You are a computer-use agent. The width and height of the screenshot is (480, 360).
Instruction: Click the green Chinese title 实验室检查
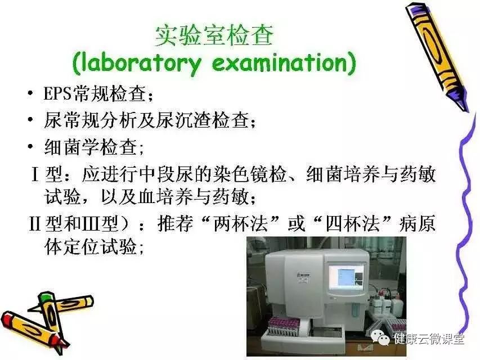[214, 35]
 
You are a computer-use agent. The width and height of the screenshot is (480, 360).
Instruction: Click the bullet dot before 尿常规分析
[30, 119]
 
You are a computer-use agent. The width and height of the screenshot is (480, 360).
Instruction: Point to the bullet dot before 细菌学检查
[30, 146]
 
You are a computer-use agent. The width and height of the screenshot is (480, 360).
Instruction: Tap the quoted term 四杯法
[353, 223]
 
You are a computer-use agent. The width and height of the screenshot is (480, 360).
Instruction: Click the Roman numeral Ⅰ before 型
[35, 174]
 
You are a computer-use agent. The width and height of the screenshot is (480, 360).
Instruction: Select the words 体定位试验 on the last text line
[91, 246]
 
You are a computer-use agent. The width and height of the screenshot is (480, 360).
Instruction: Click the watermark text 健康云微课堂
[429, 339]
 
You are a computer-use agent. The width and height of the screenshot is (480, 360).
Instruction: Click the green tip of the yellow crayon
[45, 296]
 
